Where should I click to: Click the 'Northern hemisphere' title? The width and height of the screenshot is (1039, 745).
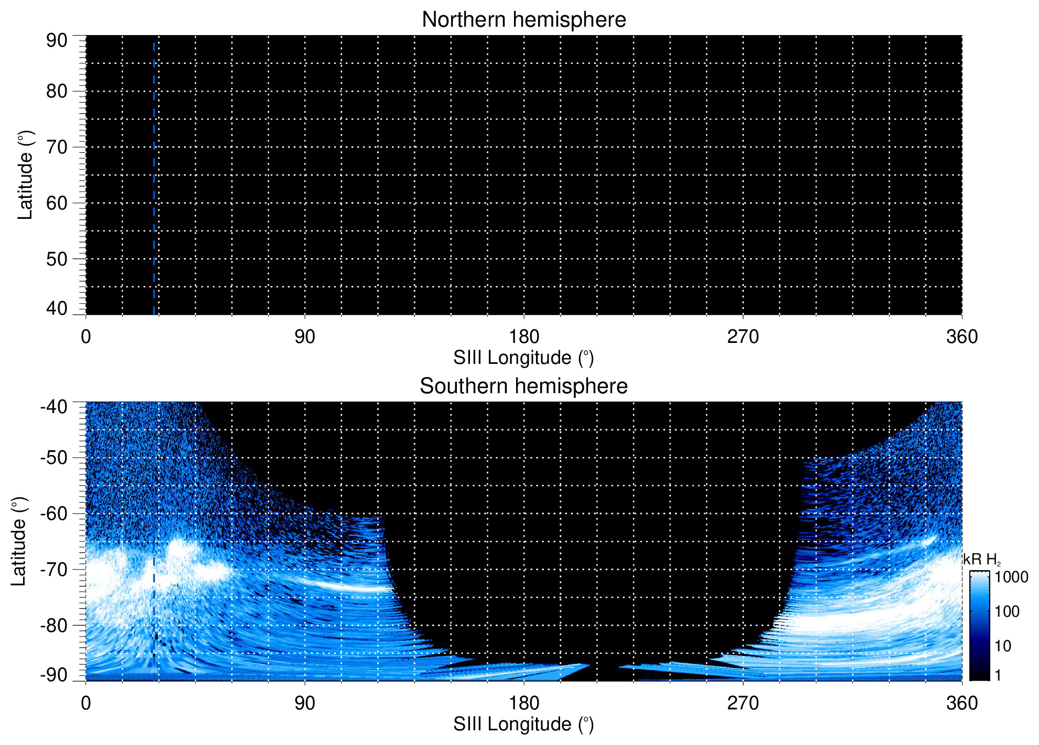(523, 20)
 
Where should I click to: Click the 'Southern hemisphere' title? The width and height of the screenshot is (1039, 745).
(523, 386)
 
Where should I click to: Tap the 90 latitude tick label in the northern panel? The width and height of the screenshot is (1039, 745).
(57, 40)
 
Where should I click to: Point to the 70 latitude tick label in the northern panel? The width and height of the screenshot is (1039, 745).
(57, 147)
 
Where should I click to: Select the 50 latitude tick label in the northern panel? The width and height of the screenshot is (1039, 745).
(57, 259)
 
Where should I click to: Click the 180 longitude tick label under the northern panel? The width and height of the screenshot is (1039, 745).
(524, 337)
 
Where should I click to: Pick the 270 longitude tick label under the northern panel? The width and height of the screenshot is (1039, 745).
(742, 337)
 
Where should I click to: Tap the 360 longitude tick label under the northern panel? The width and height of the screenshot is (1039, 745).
(961, 337)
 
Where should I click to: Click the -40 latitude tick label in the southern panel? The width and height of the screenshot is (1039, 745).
(54, 407)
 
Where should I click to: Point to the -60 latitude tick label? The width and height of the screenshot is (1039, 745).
(54, 514)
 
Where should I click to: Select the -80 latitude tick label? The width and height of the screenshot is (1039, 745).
(54, 625)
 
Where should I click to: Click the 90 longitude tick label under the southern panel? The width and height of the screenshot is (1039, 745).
(304, 703)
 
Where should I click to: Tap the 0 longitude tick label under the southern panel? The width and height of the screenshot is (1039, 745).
(86, 703)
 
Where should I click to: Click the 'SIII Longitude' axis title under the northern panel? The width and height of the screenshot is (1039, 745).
(523, 358)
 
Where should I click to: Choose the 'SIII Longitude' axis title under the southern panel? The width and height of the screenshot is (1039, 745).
(523, 725)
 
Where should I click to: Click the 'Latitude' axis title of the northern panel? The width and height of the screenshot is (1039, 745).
(25, 175)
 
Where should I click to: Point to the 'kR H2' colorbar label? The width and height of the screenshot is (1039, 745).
(981, 560)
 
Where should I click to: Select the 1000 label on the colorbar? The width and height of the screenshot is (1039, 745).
(1011, 577)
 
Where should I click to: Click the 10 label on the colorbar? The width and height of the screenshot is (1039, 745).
(1003, 646)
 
